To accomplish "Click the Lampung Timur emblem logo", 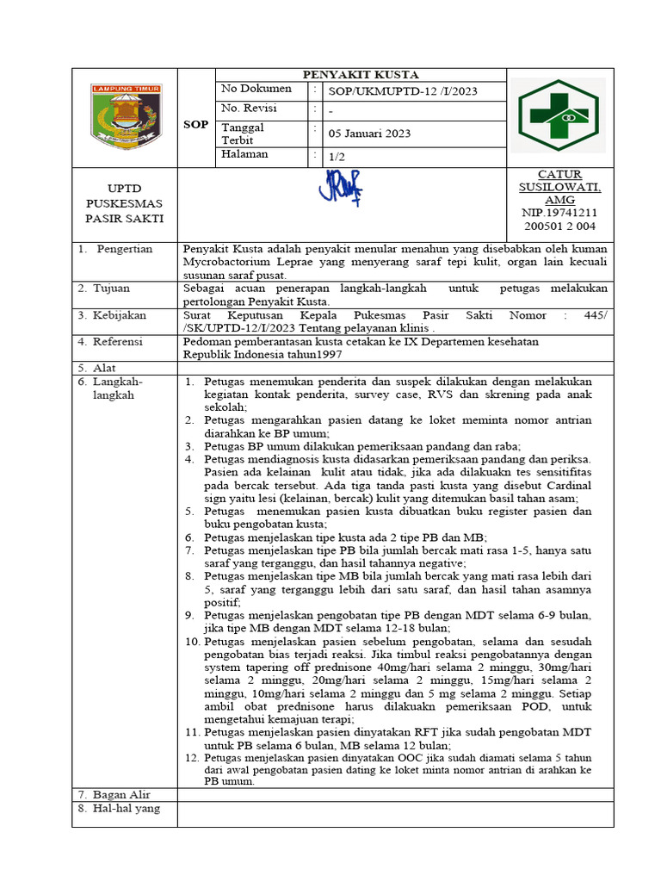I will pos(126,116).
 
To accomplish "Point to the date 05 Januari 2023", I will pos(369,134).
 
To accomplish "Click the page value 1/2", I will pos(337,157).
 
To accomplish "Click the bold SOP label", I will pos(195,124).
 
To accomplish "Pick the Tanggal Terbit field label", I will pos(243,134).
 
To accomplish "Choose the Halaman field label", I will pos(244,155).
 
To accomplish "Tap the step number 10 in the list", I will pos(193,642).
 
